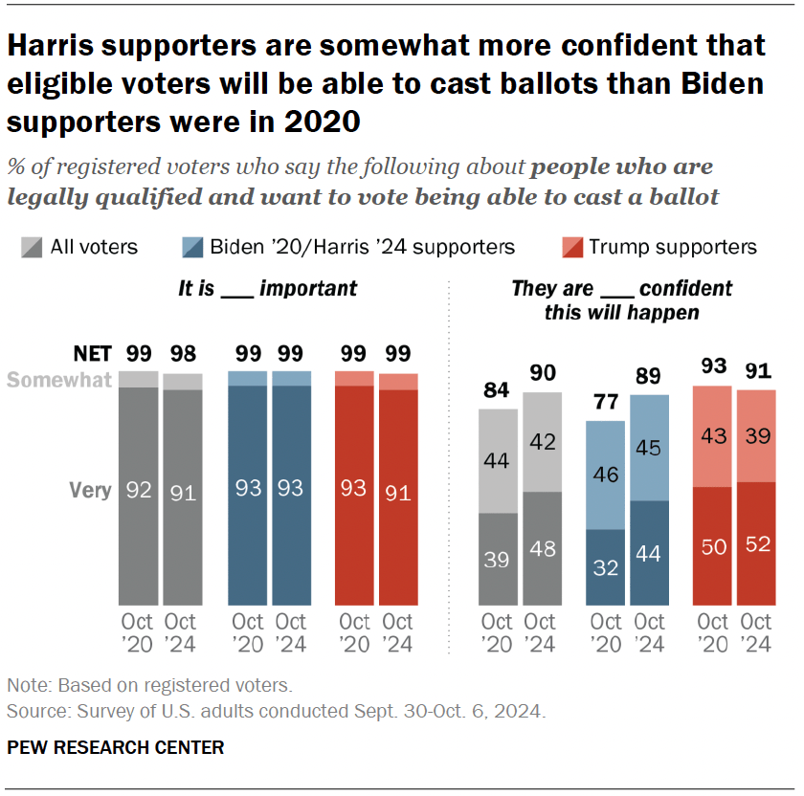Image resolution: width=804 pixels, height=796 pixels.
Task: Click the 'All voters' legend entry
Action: click(80, 247)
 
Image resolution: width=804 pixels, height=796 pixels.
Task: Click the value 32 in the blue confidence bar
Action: click(605, 566)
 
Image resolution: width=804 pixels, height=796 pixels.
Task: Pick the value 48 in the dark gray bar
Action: click(542, 549)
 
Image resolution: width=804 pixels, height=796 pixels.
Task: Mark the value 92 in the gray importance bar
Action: click(138, 490)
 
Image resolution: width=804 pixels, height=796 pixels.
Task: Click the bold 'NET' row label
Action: click(92, 353)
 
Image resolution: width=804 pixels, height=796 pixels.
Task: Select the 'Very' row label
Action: click(90, 490)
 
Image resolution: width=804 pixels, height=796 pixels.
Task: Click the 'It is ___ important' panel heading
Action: click(268, 288)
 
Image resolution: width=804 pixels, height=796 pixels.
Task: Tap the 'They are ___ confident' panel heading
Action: click(621, 298)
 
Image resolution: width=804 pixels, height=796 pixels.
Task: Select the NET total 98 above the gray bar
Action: click(183, 353)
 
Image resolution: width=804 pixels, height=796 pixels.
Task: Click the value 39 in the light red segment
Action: click(756, 437)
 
